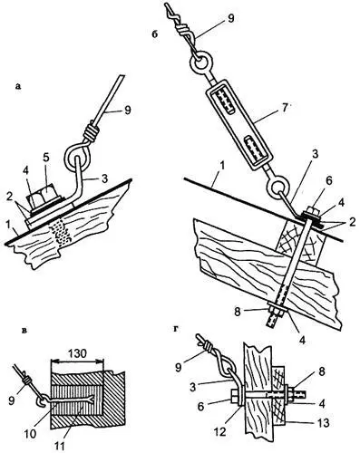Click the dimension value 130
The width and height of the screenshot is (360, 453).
(x=78, y=353)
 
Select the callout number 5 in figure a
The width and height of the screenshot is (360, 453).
(x=46, y=159)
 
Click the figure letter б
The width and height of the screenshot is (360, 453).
(x=155, y=34)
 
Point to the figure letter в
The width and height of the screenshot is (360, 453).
(x=25, y=331)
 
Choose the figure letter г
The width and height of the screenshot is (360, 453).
(x=176, y=329)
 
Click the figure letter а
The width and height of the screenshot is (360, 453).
(x=18, y=87)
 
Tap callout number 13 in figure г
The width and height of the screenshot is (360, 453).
(x=322, y=423)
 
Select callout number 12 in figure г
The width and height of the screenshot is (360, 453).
(x=220, y=432)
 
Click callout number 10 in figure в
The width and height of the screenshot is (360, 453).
(x=31, y=434)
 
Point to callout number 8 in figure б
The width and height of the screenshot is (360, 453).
(x=238, y=312)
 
